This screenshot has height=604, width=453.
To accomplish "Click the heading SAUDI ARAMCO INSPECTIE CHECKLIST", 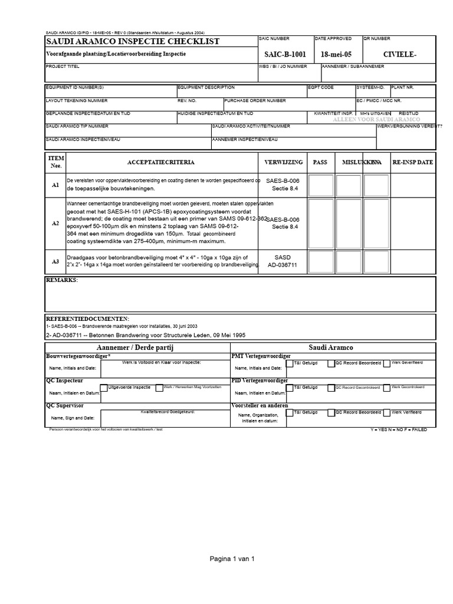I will click(x=133, y=41).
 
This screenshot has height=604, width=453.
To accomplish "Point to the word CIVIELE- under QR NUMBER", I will click(x=399, y=55).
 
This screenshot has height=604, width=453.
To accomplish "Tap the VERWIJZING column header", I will click(x=285, y=162).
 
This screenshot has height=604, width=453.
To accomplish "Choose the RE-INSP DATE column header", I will click(x=413, y=162).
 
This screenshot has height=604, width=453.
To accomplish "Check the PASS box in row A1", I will click(x=321, y=185).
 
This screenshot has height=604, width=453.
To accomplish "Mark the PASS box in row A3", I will click(x=321, y=261).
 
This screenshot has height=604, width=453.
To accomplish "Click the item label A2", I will click(x=55, y=224).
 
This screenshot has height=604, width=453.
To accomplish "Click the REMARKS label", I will click(x=62, y=280).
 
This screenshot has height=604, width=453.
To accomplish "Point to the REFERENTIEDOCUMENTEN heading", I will click(x=87, y=319).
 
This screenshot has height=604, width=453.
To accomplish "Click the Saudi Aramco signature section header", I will click(x=330, y=348).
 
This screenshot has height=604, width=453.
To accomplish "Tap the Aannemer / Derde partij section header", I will click(x=137, y=348).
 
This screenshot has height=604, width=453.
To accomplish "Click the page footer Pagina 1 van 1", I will click(x=232, y=559).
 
